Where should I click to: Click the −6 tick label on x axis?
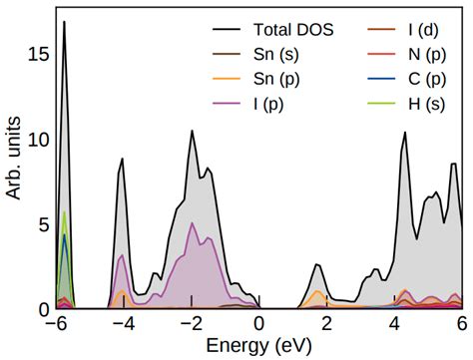tap(56, 325)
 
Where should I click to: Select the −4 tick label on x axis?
tap(124, 325)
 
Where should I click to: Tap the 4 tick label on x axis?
tap(395, 325)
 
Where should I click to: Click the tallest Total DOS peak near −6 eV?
tap(65, 22)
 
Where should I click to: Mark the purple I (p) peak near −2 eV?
tap(193, 223)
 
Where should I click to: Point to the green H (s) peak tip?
tap(65, 212)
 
